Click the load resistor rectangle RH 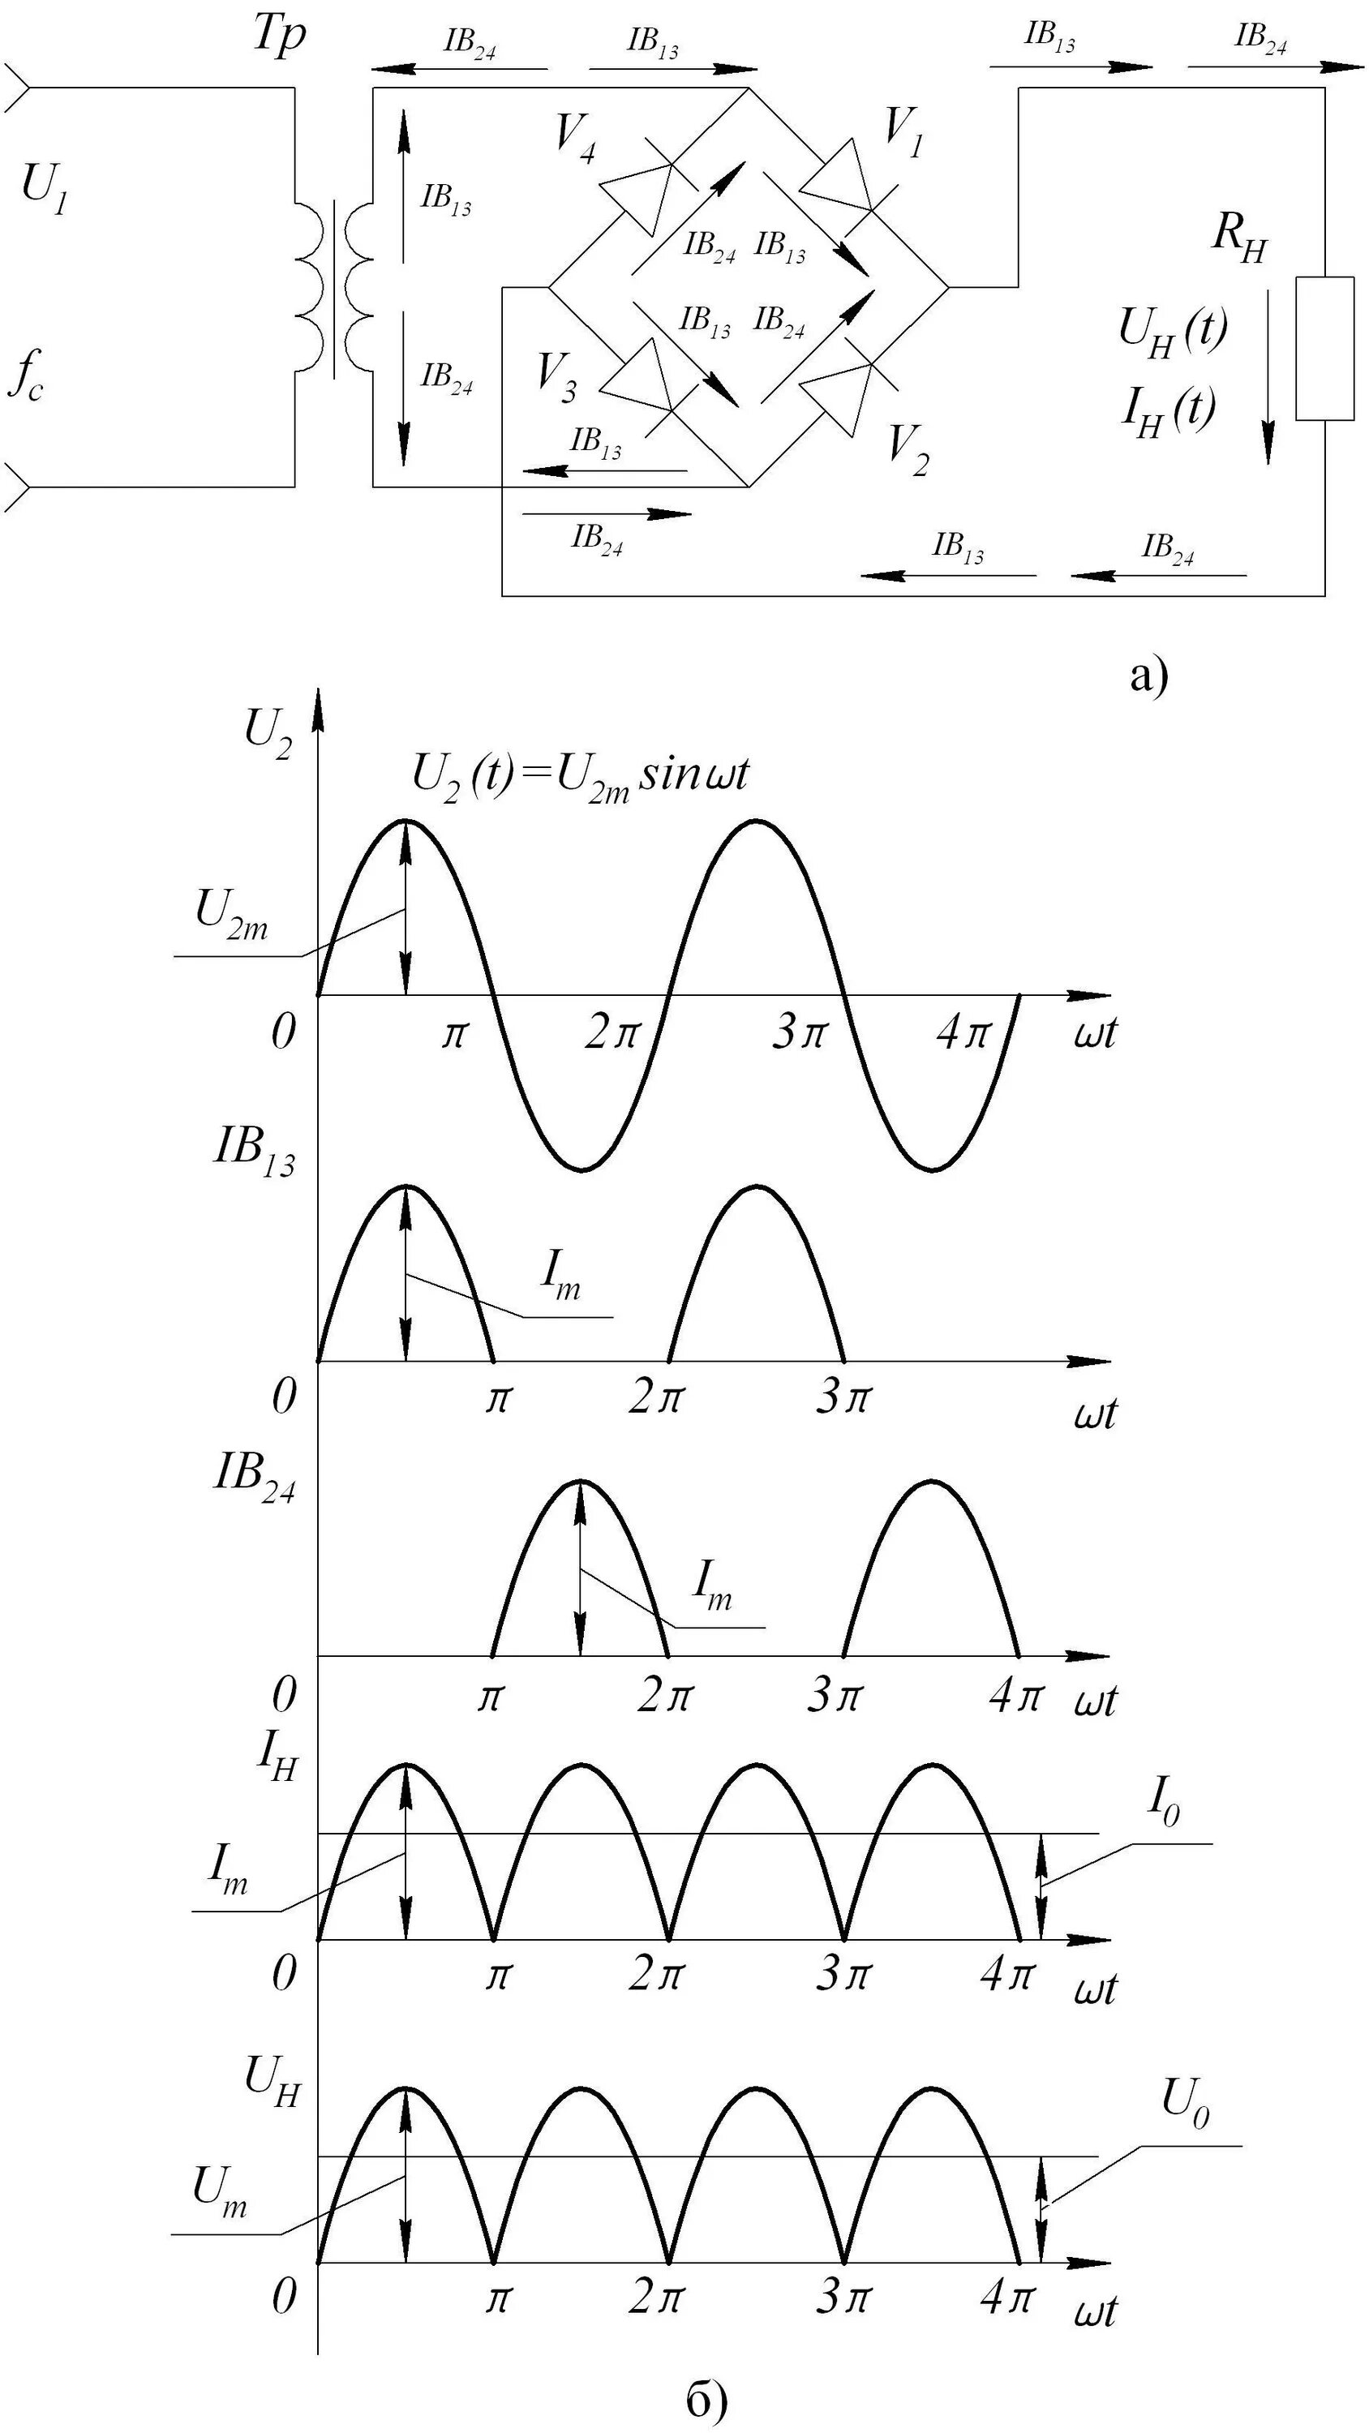1324,348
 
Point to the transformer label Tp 280,38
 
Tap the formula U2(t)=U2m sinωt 581,776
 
